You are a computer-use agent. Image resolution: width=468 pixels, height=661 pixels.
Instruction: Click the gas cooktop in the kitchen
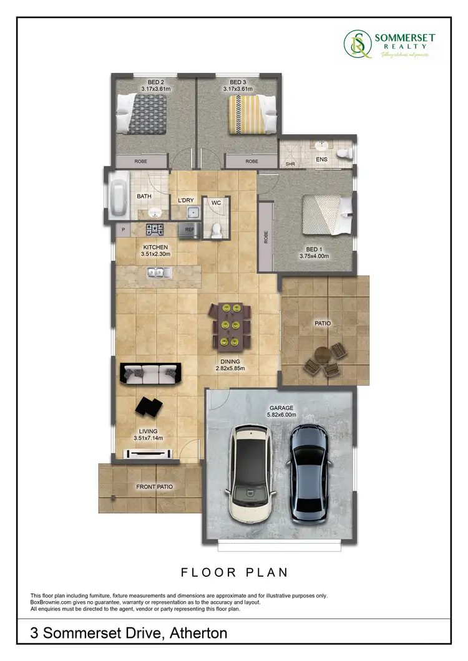155,229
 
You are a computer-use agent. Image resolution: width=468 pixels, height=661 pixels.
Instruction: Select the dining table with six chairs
232,324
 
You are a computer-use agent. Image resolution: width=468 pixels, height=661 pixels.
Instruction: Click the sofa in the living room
150,374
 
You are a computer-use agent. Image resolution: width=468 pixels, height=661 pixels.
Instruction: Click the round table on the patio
323,355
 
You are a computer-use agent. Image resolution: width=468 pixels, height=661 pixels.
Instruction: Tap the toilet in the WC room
217,229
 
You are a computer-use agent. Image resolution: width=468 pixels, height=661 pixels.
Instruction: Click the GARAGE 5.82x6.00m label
281,412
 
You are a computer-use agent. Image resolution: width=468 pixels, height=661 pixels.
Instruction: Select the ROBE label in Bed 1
266,238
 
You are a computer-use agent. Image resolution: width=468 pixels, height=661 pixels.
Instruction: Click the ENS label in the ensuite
323,160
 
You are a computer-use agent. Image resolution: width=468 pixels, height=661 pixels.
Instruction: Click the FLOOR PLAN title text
234,571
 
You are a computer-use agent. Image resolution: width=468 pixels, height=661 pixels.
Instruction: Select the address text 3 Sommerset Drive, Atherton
129,634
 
